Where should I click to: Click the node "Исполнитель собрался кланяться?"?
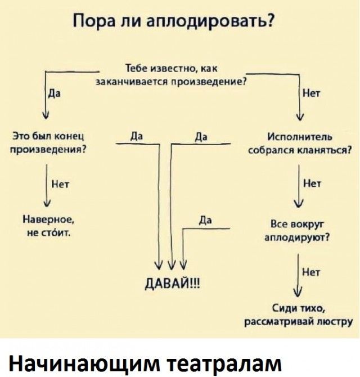(x=300, y=144)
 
